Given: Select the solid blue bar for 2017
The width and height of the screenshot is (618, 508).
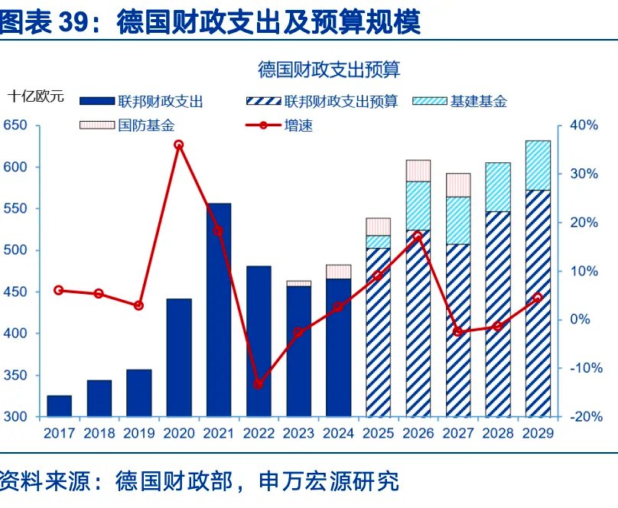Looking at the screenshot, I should (59, 406).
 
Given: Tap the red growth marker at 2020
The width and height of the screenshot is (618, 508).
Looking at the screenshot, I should (179, 145).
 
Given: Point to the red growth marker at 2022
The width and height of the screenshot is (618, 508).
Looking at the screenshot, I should (259, 384).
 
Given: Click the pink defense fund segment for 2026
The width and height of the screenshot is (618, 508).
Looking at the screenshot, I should (418, 171).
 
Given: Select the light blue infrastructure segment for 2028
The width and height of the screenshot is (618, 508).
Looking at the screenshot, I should (498, 187).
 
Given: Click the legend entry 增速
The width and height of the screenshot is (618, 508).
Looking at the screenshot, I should (298, 125).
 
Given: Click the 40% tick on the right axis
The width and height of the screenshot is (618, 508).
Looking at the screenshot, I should (584, 125).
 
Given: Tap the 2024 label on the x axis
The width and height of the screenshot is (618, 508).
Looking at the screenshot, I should (338, 433).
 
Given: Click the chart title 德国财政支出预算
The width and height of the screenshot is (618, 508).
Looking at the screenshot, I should (329, 70).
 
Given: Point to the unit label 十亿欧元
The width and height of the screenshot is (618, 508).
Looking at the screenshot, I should (36, 96).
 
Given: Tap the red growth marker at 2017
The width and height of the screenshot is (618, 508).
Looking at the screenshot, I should (59, 290).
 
